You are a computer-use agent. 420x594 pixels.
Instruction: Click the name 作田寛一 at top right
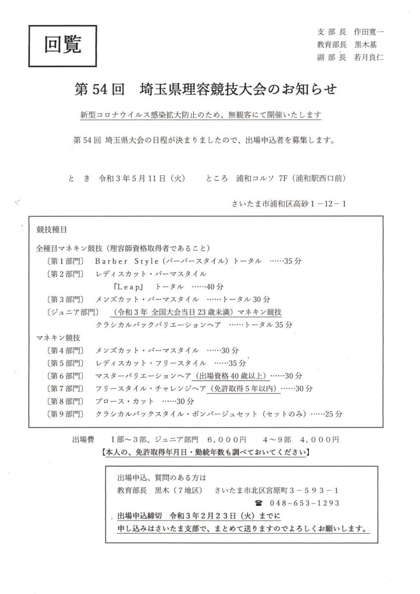click(369, 31)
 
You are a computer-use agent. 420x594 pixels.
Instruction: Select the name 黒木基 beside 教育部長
click(366, 44)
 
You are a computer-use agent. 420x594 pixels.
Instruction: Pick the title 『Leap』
click(128, 287)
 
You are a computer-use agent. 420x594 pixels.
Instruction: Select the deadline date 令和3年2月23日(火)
click(212, 516)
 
